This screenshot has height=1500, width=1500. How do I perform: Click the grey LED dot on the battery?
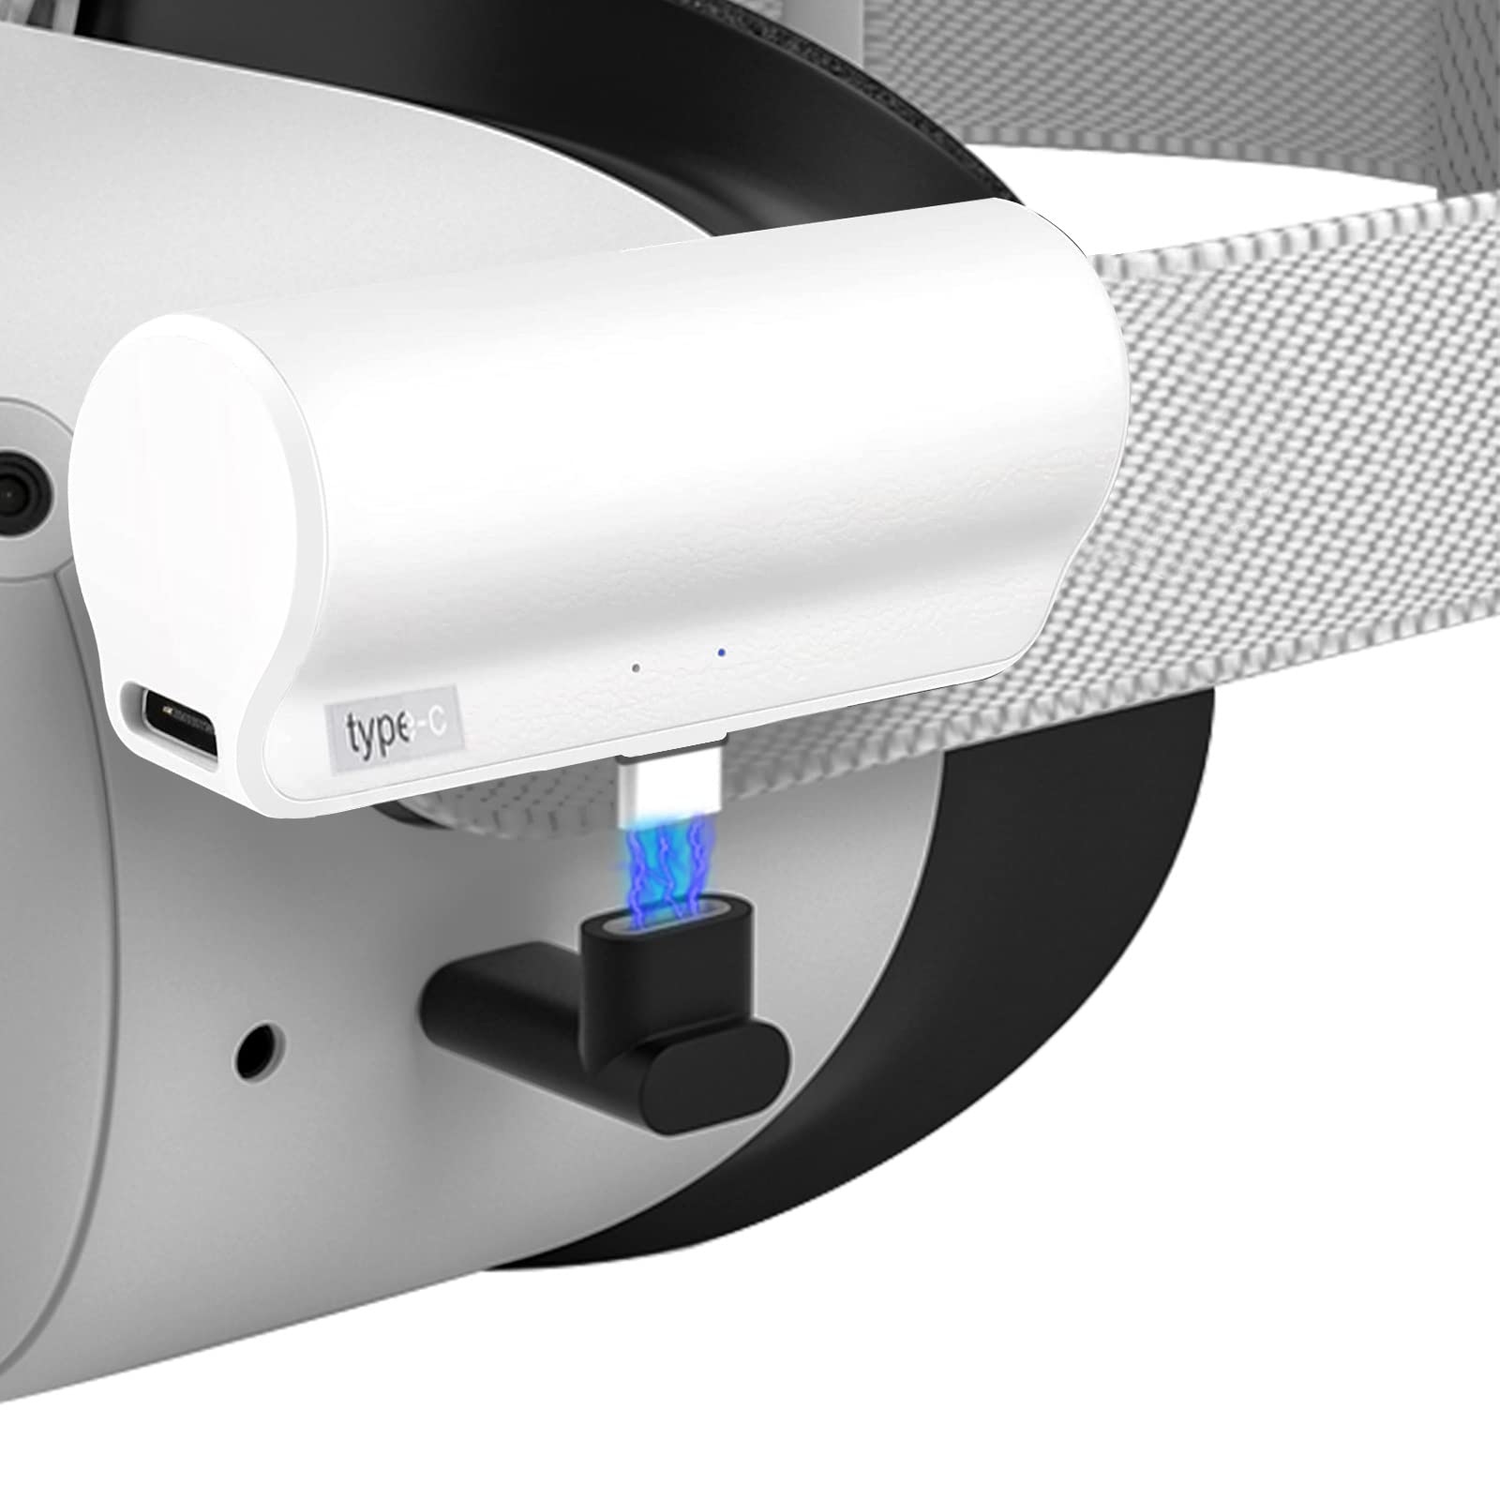(x=636, y=668)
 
